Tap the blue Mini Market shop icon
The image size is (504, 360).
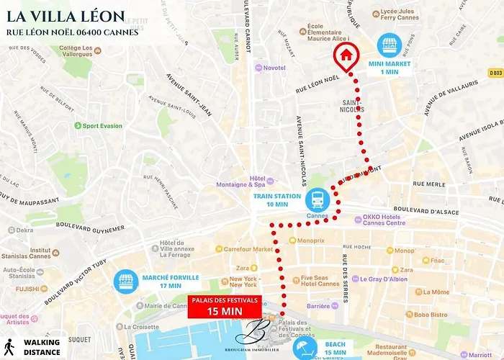(x=390, y=46)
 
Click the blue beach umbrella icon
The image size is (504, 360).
(x=305, y=348)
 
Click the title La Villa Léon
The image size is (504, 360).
(x=66, y=17)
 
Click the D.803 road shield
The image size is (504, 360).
(x=495, y=73)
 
